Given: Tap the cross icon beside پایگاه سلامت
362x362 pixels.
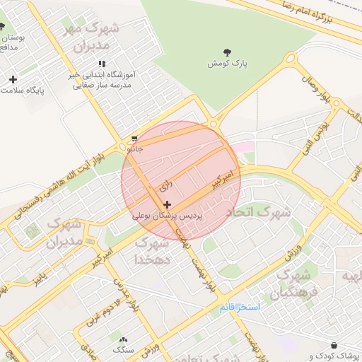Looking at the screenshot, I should pos(12,79).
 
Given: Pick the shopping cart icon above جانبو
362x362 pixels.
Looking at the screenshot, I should pos(134,139).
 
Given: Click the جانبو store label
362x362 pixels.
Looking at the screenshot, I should pos(134,149).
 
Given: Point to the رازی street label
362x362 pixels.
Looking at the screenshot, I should pos(165,187).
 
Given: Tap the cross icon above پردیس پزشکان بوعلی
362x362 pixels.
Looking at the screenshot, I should pos(167,204).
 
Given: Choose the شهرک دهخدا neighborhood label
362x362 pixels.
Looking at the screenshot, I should pos(153,251).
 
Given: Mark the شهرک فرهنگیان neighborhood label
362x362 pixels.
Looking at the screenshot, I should pos(297,282).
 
